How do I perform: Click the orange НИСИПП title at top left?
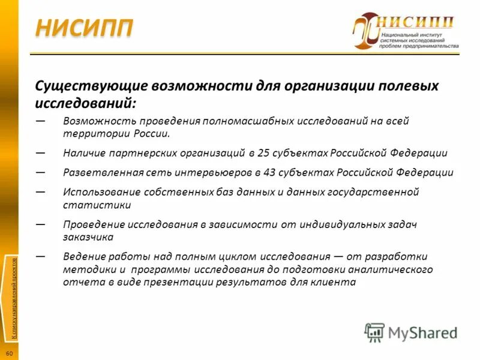(x=83, y=28)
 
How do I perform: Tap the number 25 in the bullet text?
(x=263, y=152)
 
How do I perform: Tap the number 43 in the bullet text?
(x=269, y=173)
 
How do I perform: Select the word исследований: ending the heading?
(x=89, y=103)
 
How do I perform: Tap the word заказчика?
(x=88, y=236)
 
